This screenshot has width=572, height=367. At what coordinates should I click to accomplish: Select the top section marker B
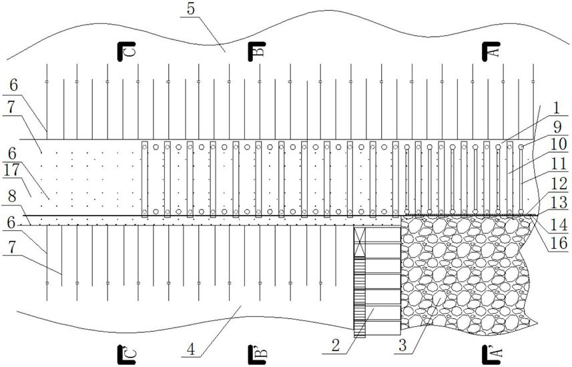click(257, 51)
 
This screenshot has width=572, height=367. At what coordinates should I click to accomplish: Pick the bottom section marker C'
click(125, 352)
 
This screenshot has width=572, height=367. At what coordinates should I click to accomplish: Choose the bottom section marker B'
click(256, 352)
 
